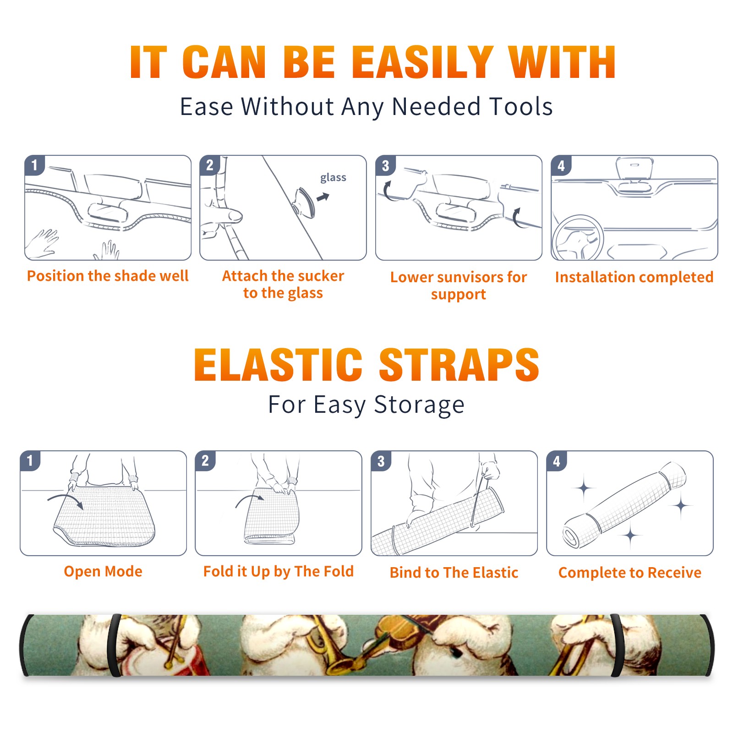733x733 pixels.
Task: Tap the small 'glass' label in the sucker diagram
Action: tap(333, 178)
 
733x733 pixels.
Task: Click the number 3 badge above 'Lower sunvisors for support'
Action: tap(385, 165)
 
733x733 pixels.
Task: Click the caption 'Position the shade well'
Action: tap(108, 276)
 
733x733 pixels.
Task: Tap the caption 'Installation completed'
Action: tap(634, 277)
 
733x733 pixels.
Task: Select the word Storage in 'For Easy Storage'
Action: tap(419, 405)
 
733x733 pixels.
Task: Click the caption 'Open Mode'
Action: tap(103, 571)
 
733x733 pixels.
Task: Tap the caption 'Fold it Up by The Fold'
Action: tap(279, 571)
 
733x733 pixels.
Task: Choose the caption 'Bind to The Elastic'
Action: tap(454, 572)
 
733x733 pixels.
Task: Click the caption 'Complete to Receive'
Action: tap(630, 572)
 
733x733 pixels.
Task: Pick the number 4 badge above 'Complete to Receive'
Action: tap(557, 461)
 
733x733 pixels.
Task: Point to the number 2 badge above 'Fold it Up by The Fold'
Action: tap(205, 460)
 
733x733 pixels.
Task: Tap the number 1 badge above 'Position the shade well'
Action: tap(34, 165)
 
